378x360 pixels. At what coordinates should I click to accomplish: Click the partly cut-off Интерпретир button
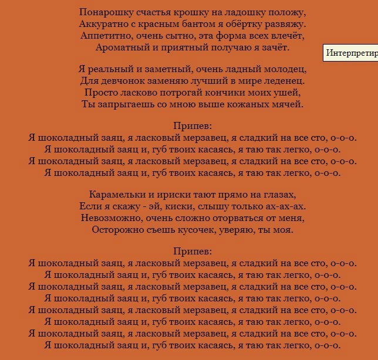(x=351, y=53)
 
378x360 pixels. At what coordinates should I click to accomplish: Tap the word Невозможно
(x=111, y=218)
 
